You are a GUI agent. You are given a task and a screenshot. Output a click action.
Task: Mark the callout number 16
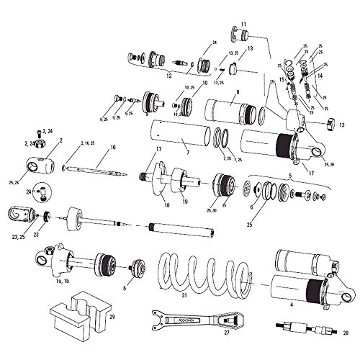click(112, 148)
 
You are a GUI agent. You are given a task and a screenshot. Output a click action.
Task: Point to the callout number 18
click(166, 205)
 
